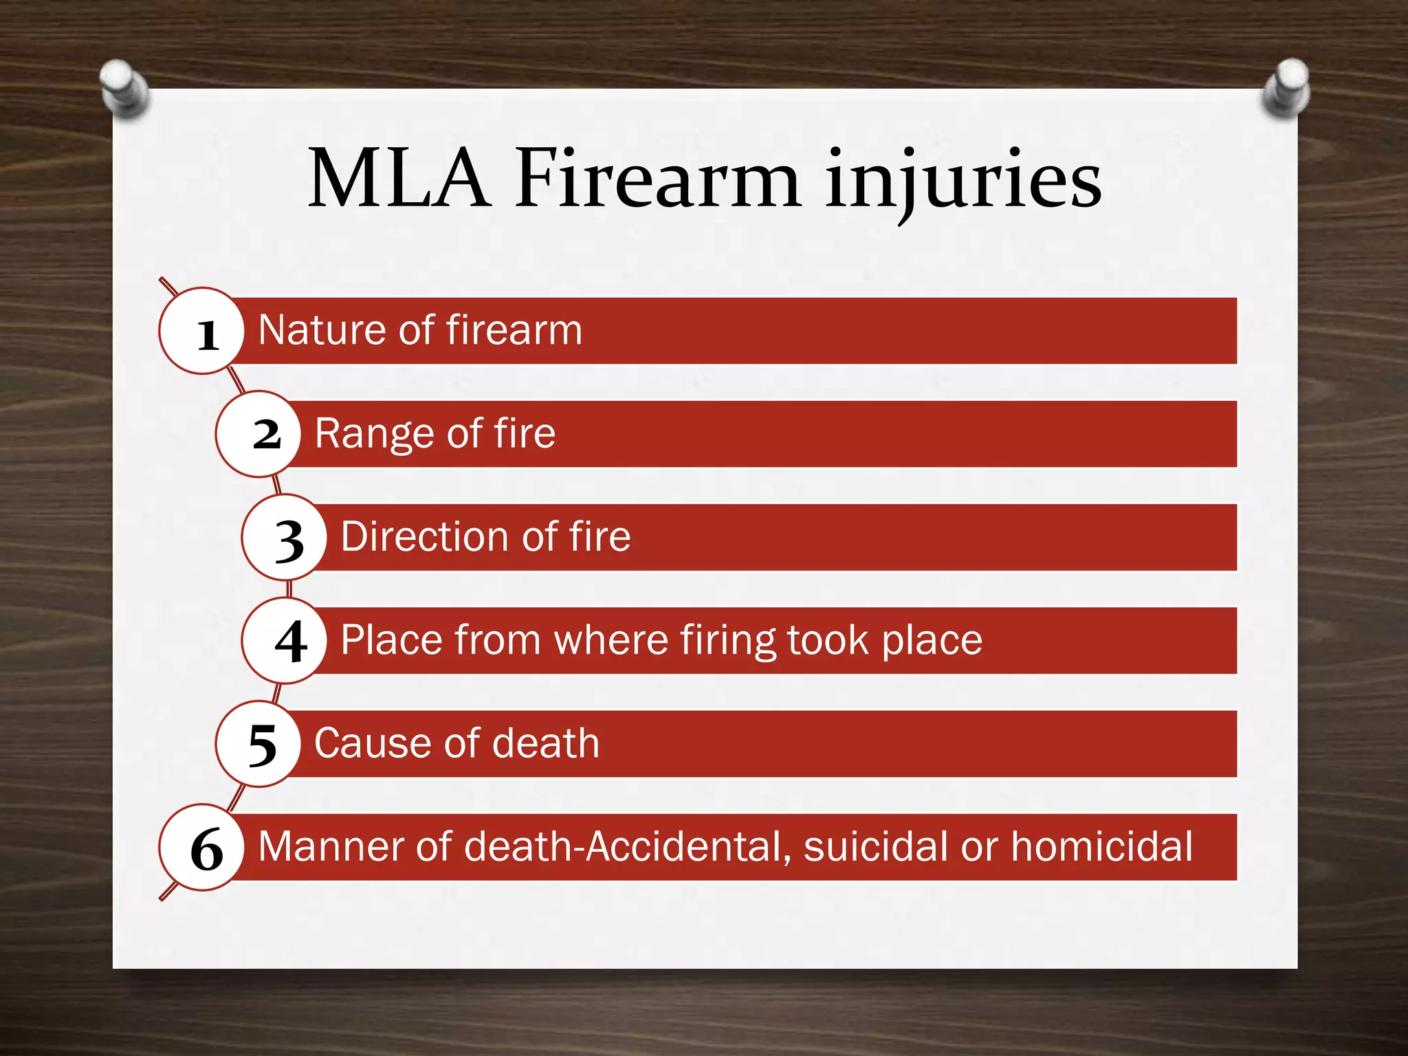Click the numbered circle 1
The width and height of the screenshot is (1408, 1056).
tap(202, 331)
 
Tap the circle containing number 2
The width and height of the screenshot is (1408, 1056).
tap(258, 434)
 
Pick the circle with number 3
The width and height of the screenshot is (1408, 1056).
tap(285, 538)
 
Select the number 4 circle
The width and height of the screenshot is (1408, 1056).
tap(285, 641)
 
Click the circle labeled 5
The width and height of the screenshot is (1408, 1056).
tap(258, 744)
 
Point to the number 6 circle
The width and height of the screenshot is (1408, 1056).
tap(202, 848)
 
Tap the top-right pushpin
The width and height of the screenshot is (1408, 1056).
tap(1287, 87)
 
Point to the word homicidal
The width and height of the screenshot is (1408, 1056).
tap(1101, 846)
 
